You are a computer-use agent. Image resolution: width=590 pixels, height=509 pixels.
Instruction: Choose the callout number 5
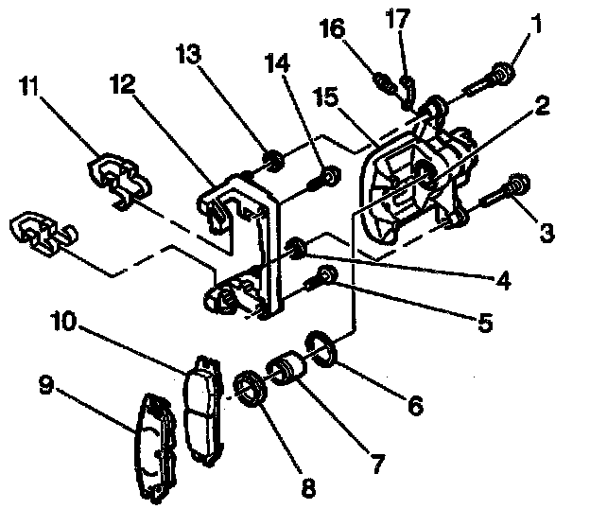(484, 324)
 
